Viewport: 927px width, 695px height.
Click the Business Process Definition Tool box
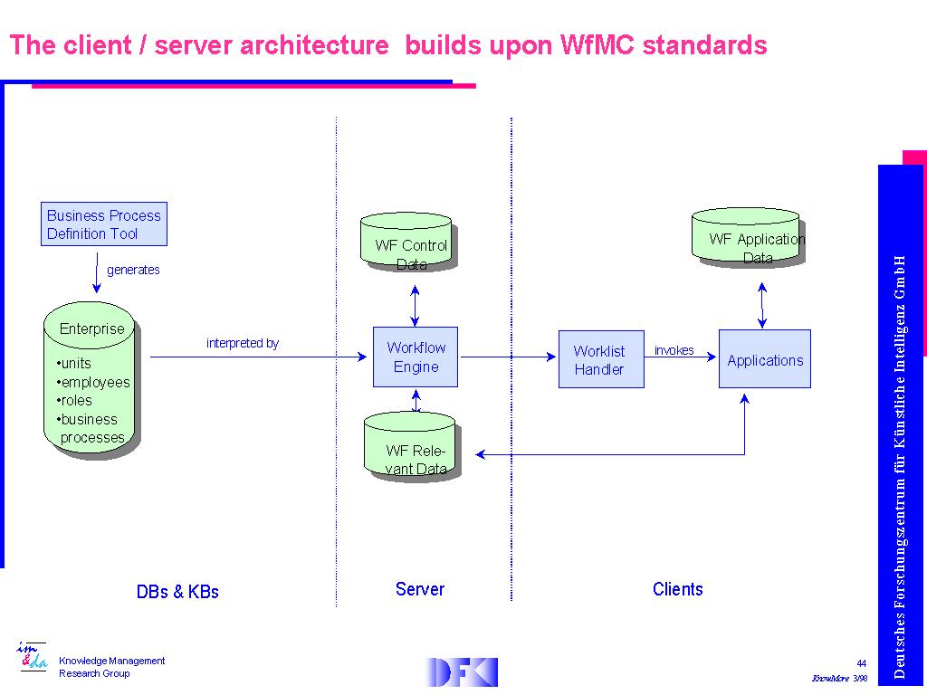click(x=104, y=224)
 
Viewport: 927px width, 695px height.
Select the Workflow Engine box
click(x=416, y=357)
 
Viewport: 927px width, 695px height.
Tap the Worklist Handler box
click(x=600, y=360)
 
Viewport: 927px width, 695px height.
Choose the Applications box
click(x=764, y=359)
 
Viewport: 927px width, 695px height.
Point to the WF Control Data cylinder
click(x=410, y=243)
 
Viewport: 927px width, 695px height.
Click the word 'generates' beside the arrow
click(x=133, y=270)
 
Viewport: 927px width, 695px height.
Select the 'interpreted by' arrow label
click(x=243, y=344)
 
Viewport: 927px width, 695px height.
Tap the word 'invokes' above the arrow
click(x=674, y=350)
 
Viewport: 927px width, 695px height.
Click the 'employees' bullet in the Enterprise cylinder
click(x=93, y=382)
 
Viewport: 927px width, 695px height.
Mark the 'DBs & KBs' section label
click(x=177, y=592)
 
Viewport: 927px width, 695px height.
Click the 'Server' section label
click(x=420, y=589)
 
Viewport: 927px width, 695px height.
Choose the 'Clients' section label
click(x=677, y=589)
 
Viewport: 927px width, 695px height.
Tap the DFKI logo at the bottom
click(x=462, y=671)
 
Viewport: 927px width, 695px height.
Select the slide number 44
click(x=861, y=663)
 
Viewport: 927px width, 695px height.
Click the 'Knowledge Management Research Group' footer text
click(x=111, y=667)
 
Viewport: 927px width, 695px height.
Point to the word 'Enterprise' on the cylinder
click(x=91, y=328)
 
